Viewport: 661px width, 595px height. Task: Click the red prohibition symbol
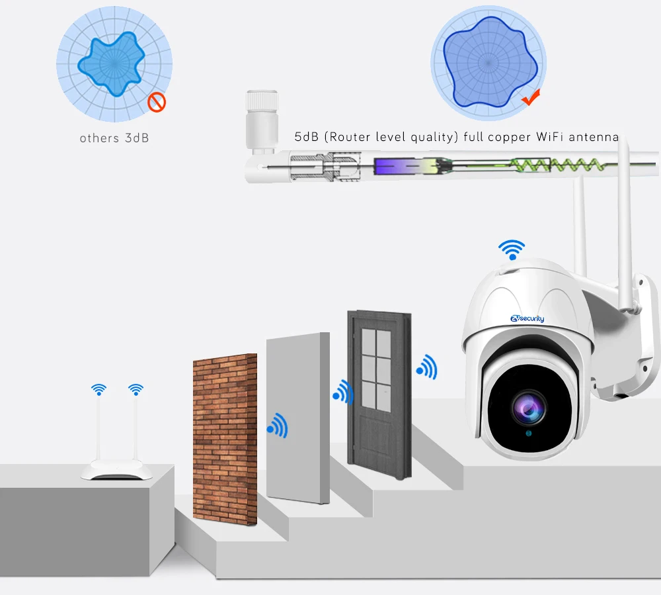pos(157,102)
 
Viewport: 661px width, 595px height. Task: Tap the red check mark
pos(531,99)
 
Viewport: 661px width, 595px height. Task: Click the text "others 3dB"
pos(114,138)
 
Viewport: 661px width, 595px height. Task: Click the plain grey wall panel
pos(297,417)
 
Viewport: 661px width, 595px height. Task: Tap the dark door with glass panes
pos(379,390)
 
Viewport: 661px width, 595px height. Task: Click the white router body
pos(116,471)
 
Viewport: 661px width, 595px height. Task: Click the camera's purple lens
pos(529,408)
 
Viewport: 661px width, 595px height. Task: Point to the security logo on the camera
pos(527,319)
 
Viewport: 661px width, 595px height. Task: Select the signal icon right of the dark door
pos(427,367)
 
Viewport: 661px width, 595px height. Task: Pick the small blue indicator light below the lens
pos(529,434)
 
